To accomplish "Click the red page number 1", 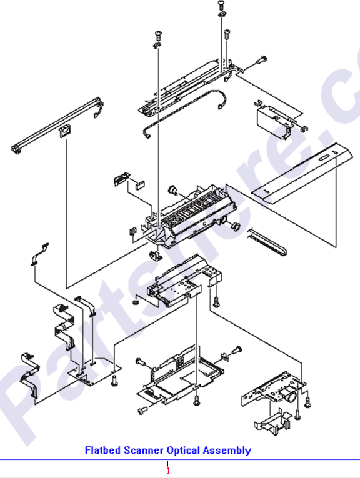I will point(167,469).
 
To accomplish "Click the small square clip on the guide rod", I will point(63,131).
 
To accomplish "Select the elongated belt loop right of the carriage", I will point(267,241).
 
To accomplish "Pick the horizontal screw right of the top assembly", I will point(261,60).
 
